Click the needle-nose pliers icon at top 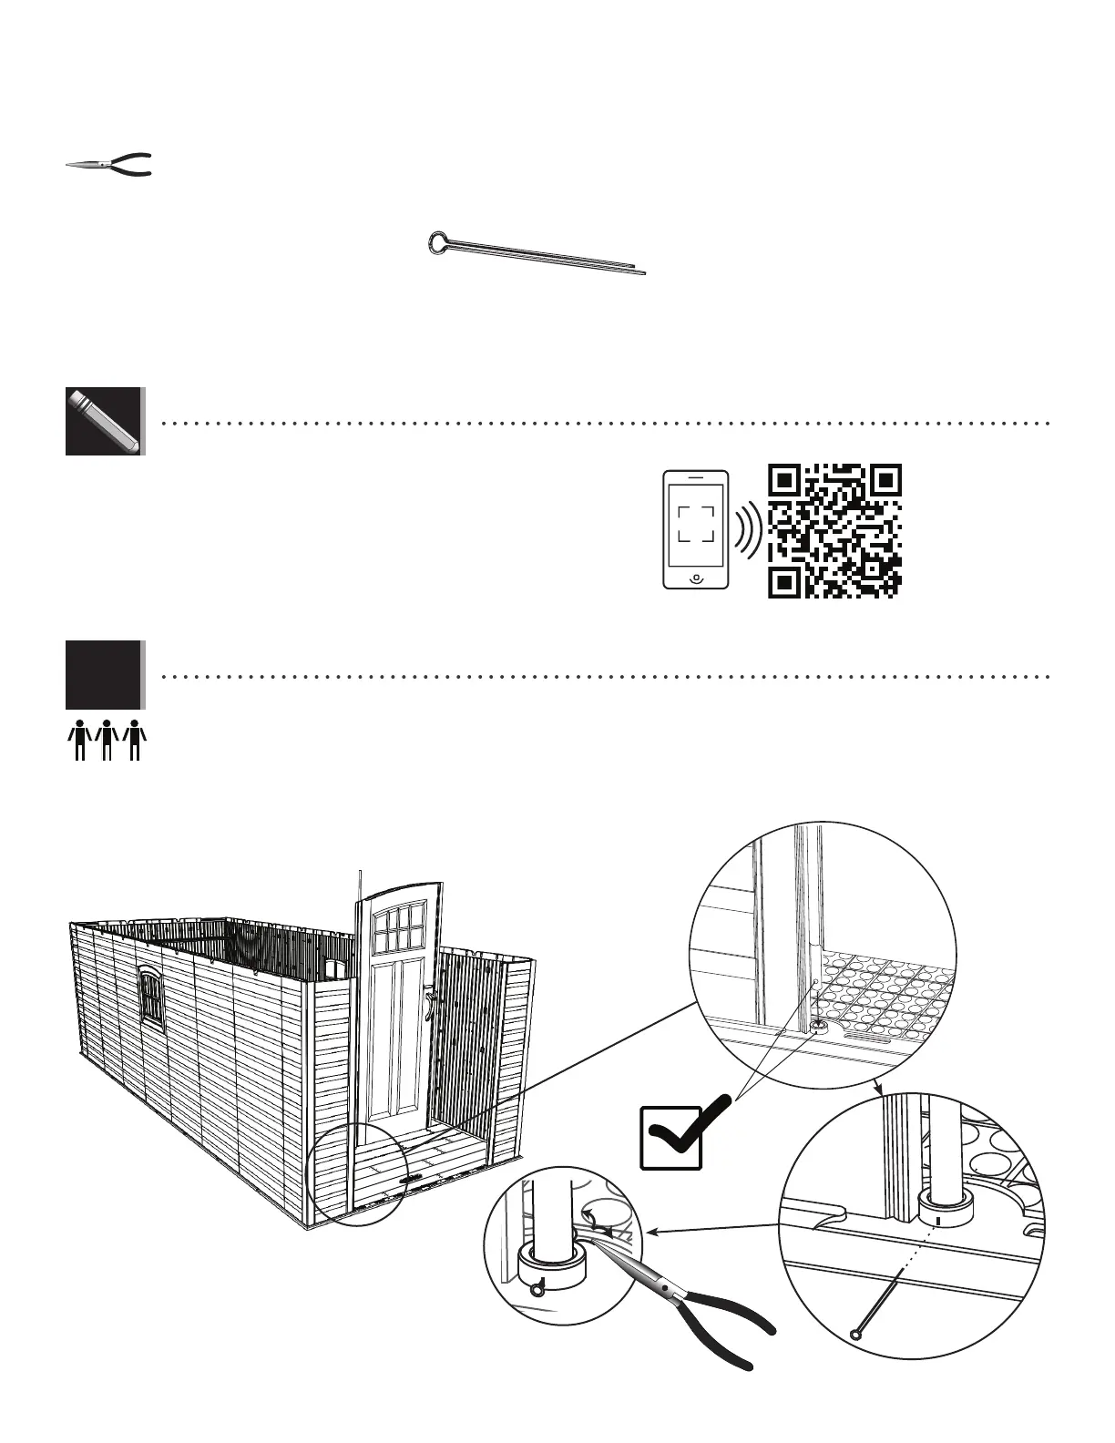click(x=108, y=165)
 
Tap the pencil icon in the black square click(x=104, y=421)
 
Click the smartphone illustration click(x=696, y=529)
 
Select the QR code click(x=834, y=531)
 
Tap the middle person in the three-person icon click(x=107, y=739)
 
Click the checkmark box click(x=671, y=1136)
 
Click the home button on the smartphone click(x=696, y=578)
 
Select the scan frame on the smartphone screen click(x=696, y=525)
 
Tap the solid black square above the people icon click(x=104, y=675)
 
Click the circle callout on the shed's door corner click(x=356, y=1173)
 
